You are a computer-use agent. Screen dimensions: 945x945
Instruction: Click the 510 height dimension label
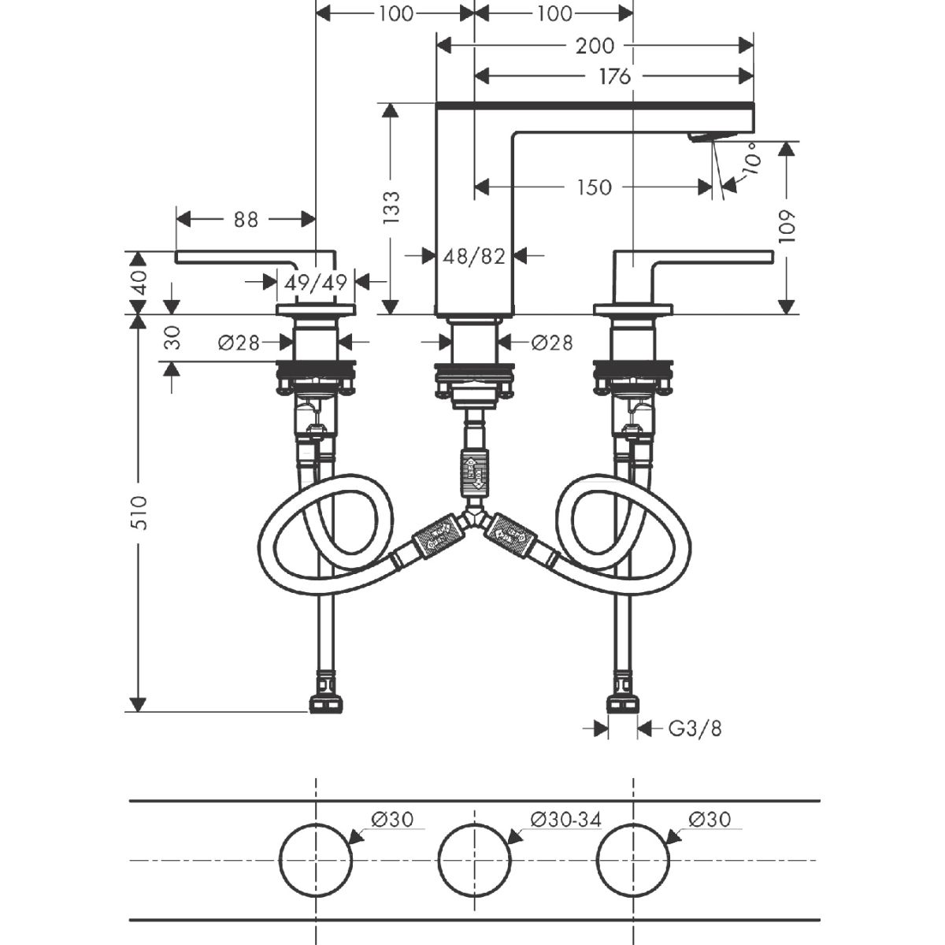[x=139, y=513]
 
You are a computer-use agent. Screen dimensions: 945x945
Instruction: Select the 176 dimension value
[x=614, y=76]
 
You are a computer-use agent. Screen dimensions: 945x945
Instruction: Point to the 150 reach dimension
[x=594, y=187]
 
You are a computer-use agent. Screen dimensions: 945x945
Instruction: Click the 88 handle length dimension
[x=246, y=219]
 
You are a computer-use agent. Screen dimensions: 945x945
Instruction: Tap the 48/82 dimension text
[x=474, y=256]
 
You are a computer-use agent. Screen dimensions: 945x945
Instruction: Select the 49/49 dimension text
[x=315, y=282]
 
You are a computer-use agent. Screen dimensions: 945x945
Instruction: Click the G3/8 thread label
[x=695, y=728]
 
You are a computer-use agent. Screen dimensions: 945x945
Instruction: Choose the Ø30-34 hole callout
[x=565, y=820]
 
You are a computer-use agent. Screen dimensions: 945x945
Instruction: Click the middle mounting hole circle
[x=474, y=858]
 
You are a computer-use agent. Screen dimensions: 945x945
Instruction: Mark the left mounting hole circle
[x=316, y=858]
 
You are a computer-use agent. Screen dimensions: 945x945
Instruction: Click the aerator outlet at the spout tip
[x=701, y=138]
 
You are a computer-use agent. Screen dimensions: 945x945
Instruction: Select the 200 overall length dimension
[x=595, y=46]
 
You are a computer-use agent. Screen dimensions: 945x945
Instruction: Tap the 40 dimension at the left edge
[x=139, y=283]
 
